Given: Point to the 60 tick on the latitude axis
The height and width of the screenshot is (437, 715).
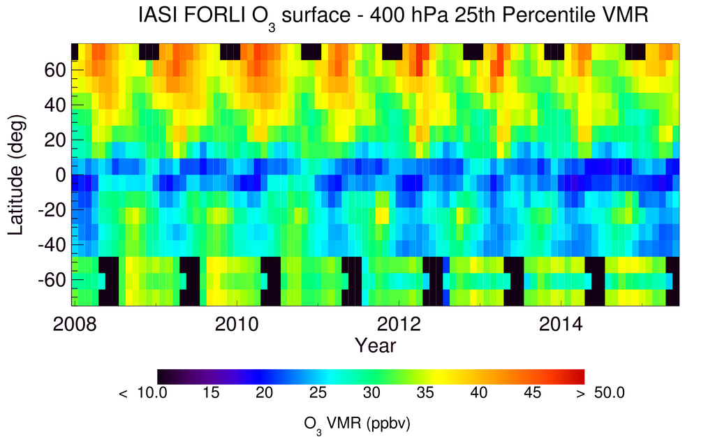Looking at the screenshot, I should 57,70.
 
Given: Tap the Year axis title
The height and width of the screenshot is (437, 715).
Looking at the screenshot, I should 376,345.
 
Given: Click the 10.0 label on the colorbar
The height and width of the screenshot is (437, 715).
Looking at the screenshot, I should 151,394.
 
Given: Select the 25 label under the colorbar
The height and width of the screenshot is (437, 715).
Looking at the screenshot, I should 318,394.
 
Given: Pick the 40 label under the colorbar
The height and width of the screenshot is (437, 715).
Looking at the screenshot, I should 478,394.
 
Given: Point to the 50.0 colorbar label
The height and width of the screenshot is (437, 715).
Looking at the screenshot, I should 609,394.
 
